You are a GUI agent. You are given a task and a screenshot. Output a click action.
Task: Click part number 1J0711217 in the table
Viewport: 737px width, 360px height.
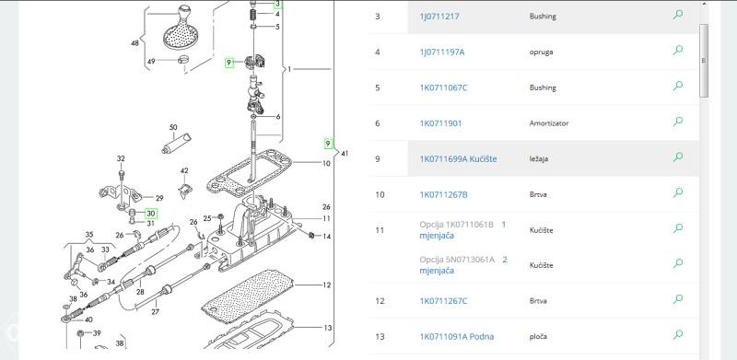pyautogui.click(x=439, y=17)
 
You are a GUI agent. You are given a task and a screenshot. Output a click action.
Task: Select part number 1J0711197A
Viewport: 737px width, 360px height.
pyautogui.click(x=442, y=52)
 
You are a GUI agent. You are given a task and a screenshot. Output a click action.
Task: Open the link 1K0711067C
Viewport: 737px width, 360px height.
pyautogui.click(x=443, y=87)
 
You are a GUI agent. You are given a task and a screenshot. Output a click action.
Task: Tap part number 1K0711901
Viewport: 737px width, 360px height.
pyautogui.click(x=440, y=123)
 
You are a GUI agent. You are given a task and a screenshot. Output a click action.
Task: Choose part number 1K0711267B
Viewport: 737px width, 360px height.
pyautogui.click(x=443, y=194)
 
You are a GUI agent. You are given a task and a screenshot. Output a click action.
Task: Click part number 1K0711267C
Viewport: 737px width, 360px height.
pyautogui.click(x=443, y=301)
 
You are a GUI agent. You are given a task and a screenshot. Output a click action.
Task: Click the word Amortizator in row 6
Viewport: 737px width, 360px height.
pyautogui.click(x=548, y=123)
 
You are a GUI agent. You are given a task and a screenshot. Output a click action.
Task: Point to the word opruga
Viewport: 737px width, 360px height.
pyautogui.click(x=541, y=52)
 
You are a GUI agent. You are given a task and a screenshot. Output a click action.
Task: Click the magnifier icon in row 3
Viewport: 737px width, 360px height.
pyautogui.click(x=678, y=15)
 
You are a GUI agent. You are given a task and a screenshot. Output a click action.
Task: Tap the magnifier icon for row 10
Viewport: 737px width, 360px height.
pyautogui.click(x=678, y=192)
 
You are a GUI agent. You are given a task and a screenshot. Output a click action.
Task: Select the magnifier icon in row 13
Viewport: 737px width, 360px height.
pyautogui.click(x=678, y=334)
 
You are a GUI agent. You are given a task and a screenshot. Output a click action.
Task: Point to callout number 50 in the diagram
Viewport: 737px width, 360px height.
pyautogui.click(x=173, y=127)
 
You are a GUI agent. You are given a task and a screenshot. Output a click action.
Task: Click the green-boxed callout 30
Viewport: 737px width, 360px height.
pyautogui.click(x=150, y=214)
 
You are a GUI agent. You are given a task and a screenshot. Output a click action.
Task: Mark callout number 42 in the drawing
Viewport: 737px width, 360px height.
pyautogui.click(x=184, y=171)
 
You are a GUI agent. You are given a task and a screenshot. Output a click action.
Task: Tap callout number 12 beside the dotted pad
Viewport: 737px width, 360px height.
pyautogui.click(x=327, y=285)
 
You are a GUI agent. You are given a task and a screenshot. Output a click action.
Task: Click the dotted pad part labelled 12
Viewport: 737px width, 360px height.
pyautogui.click(x=247, y=296)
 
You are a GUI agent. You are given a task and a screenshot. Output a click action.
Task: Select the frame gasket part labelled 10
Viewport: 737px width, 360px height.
pyautogui.click(x=249, y=174)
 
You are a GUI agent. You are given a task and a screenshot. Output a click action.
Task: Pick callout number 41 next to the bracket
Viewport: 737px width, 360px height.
pyautogui.click(x=345, y=153)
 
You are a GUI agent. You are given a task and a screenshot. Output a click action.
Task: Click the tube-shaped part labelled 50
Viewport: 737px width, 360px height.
pyautogui.click(x=177, y=144)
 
